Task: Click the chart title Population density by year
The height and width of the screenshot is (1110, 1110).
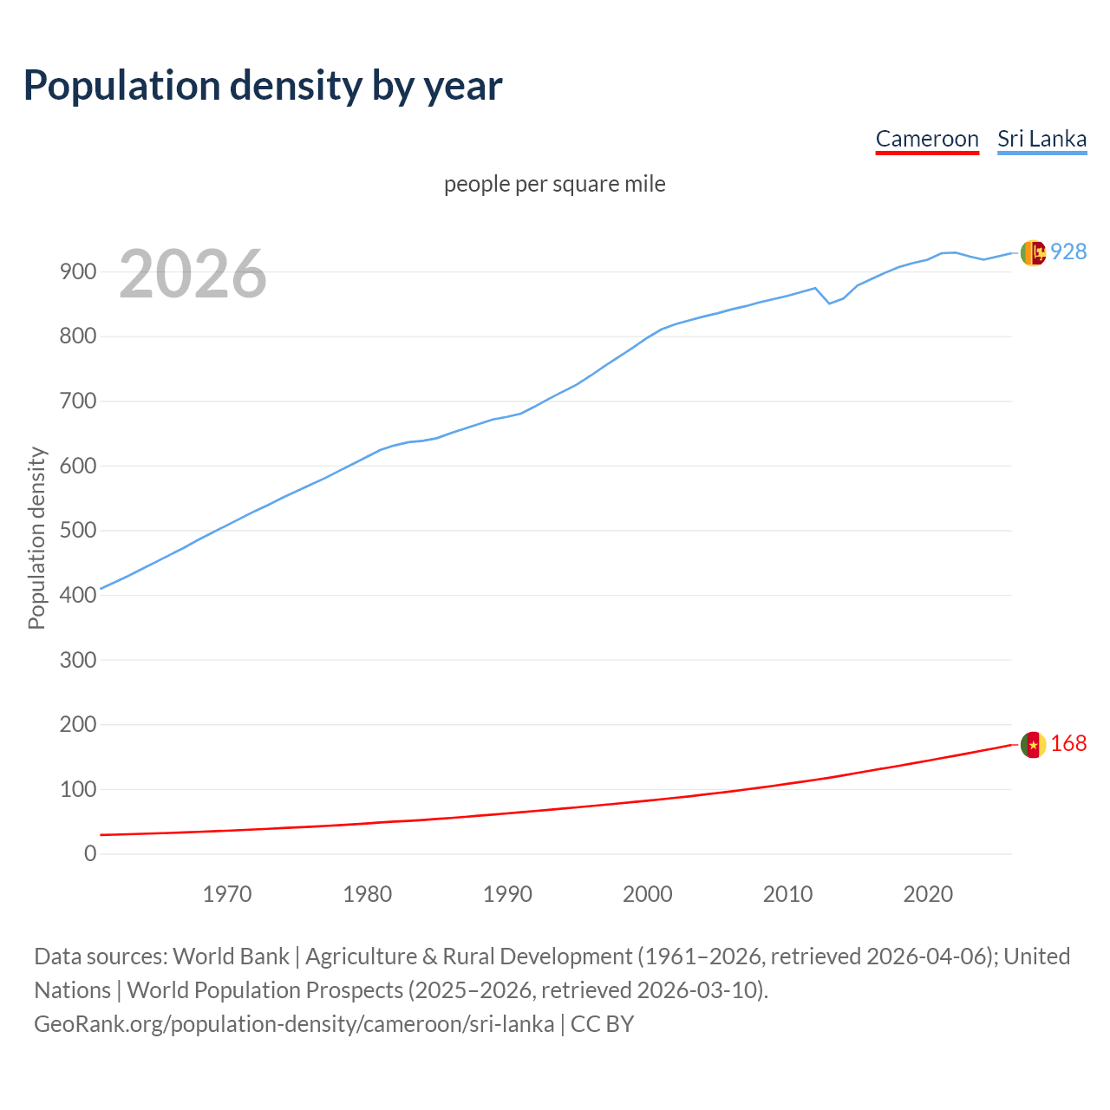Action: click(x=263, y=86)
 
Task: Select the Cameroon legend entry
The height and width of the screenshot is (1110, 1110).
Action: click(x=927, y=139)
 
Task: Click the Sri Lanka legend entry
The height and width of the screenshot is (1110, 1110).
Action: click(x=1041, y=139)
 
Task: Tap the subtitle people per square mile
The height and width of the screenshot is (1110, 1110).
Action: click(x=555, y=184)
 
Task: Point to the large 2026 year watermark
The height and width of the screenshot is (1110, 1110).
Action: click(x=193, y=274)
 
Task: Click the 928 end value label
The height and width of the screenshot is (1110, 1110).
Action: click(x=1068, y=251)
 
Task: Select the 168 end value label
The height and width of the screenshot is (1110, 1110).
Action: click(x=1068, y=744)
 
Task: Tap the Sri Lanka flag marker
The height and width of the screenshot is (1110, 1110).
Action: click(x=1033, y=252)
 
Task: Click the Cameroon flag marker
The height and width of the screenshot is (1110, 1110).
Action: click(x=1033, y=745)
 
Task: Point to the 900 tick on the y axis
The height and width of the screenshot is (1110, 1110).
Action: click(x=78, y=272)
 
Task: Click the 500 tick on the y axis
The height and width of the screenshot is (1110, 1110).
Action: click(x=78, y=531)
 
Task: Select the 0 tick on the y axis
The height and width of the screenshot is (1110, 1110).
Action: click(x=90, y=854)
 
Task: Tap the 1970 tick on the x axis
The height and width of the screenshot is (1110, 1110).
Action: click(x=227, y=894)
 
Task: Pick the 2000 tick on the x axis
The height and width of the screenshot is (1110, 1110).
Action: click(x=648, y=894)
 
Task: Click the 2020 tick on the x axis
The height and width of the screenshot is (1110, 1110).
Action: click(x=928, y=894)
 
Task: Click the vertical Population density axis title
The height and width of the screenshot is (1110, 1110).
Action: click(x=36, y=538)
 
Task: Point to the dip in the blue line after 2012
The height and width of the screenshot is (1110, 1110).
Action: click(x=829, y=303)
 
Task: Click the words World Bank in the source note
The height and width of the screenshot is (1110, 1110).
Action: click(x=231, y=957)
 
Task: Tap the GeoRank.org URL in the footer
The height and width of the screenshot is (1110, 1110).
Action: click(x=294, y=1024)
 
